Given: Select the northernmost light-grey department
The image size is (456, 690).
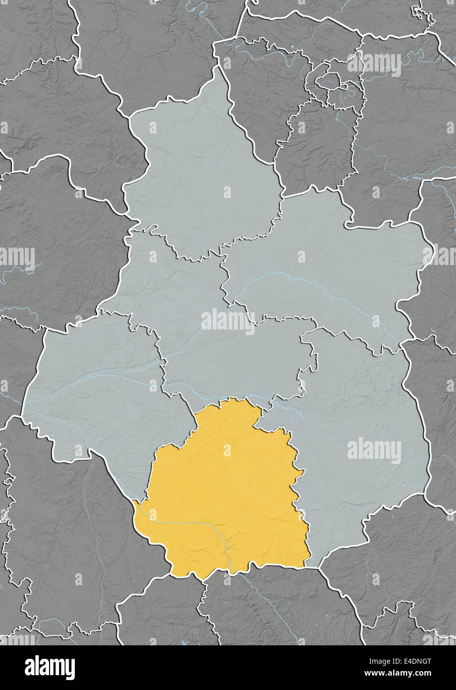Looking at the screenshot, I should click(x=198, y=174).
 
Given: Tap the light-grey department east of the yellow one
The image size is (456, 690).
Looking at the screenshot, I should click(x=362, y=422).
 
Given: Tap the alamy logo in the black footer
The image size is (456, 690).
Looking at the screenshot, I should click(x=50, y=668).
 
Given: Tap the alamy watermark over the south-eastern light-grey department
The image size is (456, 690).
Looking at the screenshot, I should click(x=374, y=451).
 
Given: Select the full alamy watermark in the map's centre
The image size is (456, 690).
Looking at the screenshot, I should click(x=228, y=321).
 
